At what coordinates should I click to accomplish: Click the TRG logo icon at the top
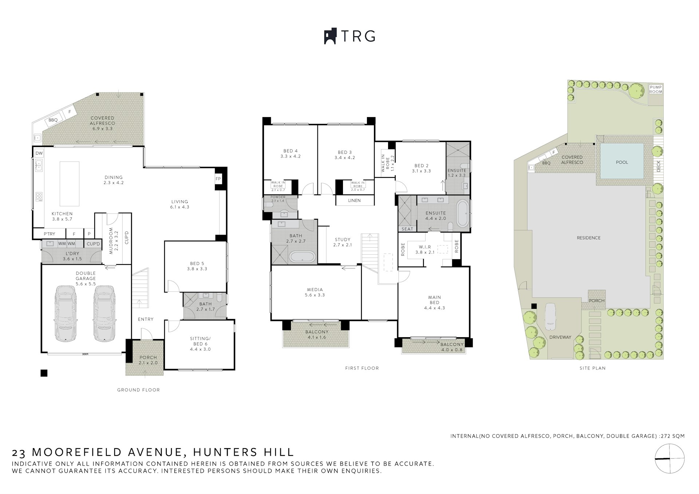(330, 36)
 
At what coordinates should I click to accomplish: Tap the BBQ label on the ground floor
(53, 120)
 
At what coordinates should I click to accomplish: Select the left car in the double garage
(66, 314)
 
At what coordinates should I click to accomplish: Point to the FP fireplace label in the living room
(218, 179)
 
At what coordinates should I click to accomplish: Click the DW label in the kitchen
(39, 154)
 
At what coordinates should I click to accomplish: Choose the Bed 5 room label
(197, 266)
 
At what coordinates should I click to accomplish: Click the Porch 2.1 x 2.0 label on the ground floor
(148, 360)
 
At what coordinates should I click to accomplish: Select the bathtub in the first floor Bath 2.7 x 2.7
(303, 257)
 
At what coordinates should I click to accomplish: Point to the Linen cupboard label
(354, 200)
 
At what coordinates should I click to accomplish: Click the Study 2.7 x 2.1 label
(342, 242)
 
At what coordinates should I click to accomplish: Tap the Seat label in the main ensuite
(407, 229)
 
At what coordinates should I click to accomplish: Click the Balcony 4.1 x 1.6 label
(316, 334)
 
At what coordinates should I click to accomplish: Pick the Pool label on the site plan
(622, 162)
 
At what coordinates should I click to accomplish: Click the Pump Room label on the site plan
(656, 89)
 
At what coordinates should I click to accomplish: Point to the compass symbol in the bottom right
(670, 459)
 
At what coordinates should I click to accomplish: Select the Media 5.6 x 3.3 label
(315, 292)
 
